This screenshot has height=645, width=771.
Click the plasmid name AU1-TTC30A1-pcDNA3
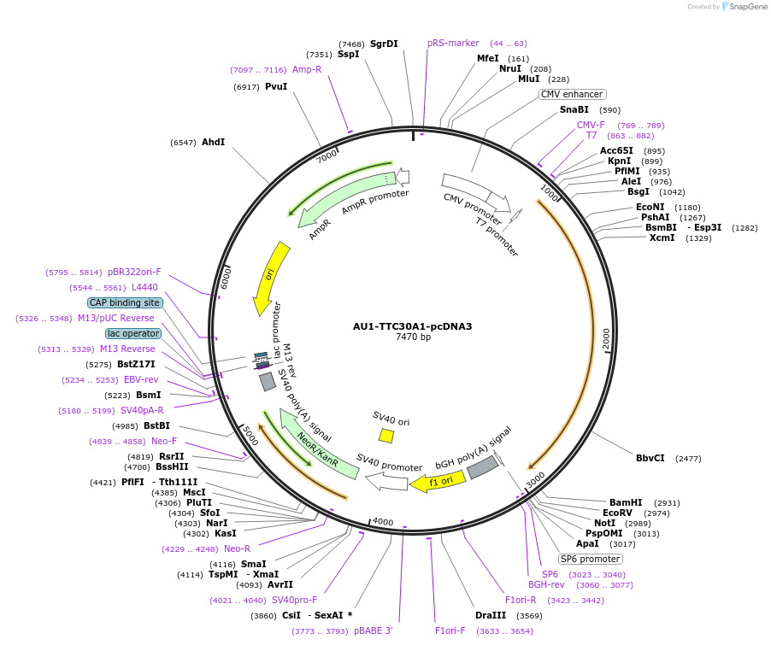(412, 326)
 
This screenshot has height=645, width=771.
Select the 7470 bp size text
(413, 337)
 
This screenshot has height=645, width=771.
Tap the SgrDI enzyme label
(384, 44)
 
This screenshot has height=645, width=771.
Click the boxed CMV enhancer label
(572, 94)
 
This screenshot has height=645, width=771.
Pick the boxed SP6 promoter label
(590, 559)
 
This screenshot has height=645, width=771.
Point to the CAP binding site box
(125, 302)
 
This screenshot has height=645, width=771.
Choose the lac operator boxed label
(133, 333)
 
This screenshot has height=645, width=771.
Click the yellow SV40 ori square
(386, 436)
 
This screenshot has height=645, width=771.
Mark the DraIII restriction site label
(491, 615)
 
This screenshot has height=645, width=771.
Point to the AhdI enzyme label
(213, 142)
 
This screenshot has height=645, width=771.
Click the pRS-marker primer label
(453, 43)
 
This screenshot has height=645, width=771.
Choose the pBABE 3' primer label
(373, 630)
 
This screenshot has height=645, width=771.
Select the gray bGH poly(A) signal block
(483, 466)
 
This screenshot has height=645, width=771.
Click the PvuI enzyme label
(276, 86)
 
